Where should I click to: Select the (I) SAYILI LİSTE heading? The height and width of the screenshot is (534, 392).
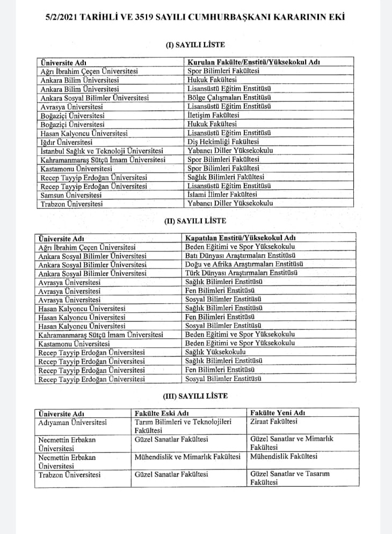tap(195, 45)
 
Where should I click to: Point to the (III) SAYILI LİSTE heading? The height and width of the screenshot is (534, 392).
tap(195, 396)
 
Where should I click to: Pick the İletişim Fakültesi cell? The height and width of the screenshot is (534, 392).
tap(213, 115)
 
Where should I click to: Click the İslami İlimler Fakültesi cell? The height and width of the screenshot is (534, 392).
tap(222, 194)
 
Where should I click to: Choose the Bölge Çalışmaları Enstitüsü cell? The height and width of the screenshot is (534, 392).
tap(229, 97)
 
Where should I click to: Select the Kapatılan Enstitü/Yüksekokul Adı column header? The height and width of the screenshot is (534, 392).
tap(241, 238)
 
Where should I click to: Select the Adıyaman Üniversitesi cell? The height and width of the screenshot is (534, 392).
tap(72, 423)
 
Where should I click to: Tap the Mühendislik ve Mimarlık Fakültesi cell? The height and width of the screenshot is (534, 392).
tap(187, 457)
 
